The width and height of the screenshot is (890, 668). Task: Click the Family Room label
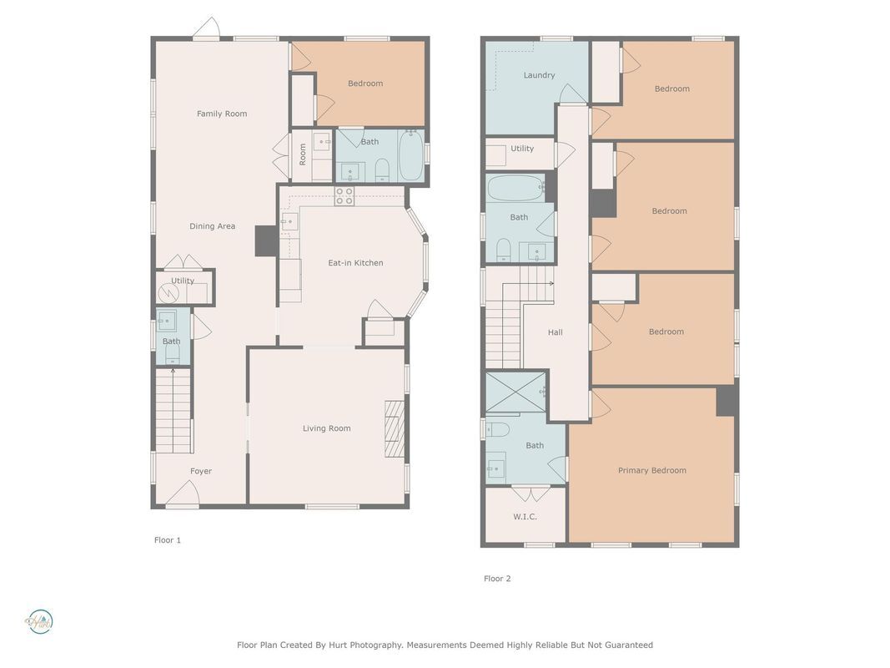pyautogui.click(x=222, y=114)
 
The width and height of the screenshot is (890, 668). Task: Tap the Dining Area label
pyautogui.click(x=213, y=226)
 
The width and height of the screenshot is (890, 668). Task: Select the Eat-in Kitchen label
pyautogui.click(x=355, y=263)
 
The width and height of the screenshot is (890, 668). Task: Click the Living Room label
pyautogui.click(x=326, y=428)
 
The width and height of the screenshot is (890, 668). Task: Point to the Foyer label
pyautogui.click(x=201, y=471)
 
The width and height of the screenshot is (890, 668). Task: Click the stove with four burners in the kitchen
pyautogui.click(x=344, y=196)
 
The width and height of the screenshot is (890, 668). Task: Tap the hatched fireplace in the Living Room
pyautogui.click(x=395, y=429)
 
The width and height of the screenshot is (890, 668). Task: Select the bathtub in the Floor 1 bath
pyautogui.click(x=410, y=155)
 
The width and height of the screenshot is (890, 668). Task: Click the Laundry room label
pyautogui.click(x=539, y=75)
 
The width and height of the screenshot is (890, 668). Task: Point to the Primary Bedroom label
pyautogui.click(x=652, y=470)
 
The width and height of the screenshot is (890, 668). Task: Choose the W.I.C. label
pyautogui.click(x=525, y=517)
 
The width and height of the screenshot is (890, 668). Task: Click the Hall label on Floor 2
pyautogui.click(x=556, y=332)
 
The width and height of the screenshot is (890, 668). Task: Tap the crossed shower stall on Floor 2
pyautogui.click(x=516, y=392)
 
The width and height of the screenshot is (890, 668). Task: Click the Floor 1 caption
pyautogui.click(x=168, y=540)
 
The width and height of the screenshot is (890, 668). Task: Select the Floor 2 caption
pyautogui.click(x=497, y=579)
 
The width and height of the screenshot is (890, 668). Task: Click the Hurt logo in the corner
pyautogui.click(x=39, y=622)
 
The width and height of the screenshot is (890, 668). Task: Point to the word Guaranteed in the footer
pyautogui.click(x=628, y=645)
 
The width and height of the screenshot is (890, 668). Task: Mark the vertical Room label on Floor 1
pyautogui.click(x=303, y=154)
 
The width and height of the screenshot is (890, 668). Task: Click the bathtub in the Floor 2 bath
pyautogui.click(x=516, y=188)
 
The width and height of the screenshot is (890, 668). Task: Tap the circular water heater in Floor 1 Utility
pyautogui.click(x=168, y=293)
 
